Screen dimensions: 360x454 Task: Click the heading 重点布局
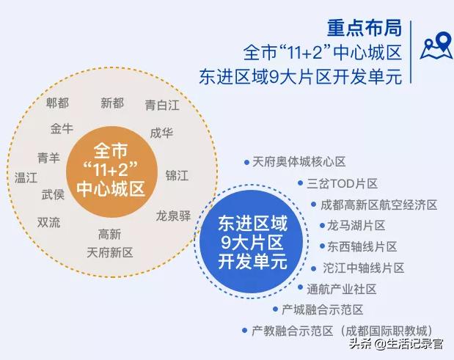coord(365,29)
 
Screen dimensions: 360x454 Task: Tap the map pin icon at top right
coord(436,46)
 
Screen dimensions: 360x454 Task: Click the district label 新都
coord(112,103)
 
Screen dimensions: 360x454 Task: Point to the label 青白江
coord(162,105)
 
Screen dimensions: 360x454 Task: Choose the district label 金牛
coord(62,129)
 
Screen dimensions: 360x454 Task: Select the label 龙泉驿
coord(173,216)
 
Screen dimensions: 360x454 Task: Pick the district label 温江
coord(26,177)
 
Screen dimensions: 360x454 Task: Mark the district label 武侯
coord(53,194)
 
